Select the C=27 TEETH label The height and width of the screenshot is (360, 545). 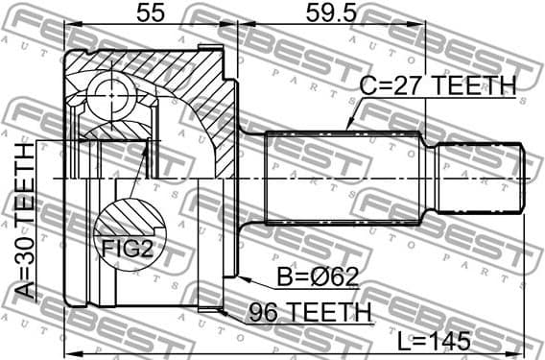(437, 86)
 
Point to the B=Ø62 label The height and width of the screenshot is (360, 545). (305, 277)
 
